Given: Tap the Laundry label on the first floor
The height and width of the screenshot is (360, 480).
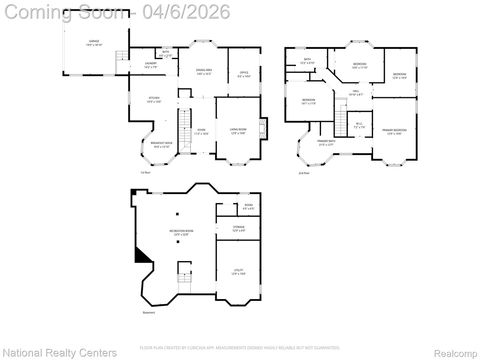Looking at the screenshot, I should pyautogui.click(x=152, y=65).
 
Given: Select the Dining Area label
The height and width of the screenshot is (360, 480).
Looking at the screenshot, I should pyautogui.click(x=204, y=72).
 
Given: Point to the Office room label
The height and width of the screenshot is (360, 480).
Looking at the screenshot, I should pyautogui.click(x=243, y=73).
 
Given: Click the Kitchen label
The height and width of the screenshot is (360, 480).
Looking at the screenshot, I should pyautogui.click(x=154, y=99).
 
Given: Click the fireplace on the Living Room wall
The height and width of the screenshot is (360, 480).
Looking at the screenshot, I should pyautogui.click(x=263, y=128).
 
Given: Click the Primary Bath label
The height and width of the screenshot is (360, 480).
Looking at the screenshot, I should pyautogui.click(x=325, y=143).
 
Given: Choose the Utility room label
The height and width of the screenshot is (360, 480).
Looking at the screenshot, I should pyautogui.click(x=238, y=272).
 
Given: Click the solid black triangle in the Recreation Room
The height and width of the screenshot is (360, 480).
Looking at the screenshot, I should pyautogui.click(x=144, y=256).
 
